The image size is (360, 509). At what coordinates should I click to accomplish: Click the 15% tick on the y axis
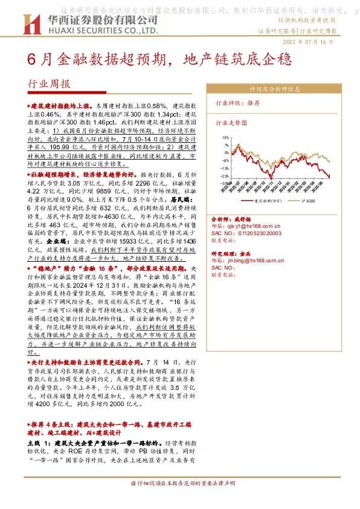coord(225,137)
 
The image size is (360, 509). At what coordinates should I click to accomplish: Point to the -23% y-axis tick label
coord(224,177)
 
